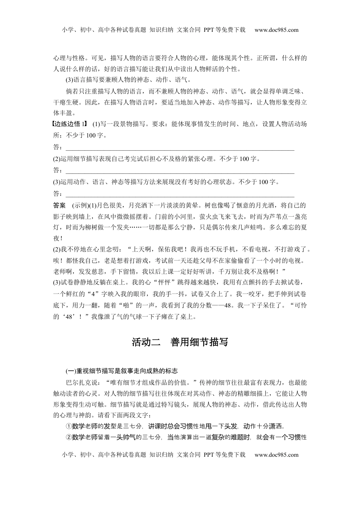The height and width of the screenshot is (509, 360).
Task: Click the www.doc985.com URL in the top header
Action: point(276,30)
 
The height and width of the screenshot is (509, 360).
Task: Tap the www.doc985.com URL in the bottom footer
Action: point(276,455)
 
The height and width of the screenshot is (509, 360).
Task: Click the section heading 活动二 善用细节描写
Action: point(180,342)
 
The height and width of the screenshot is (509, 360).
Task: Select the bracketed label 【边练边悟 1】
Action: point(70,124)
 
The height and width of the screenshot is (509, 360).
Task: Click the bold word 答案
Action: point(59,206)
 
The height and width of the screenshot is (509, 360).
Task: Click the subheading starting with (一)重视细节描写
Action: point(122,370)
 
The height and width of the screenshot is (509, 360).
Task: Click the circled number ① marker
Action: point(69,426)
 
